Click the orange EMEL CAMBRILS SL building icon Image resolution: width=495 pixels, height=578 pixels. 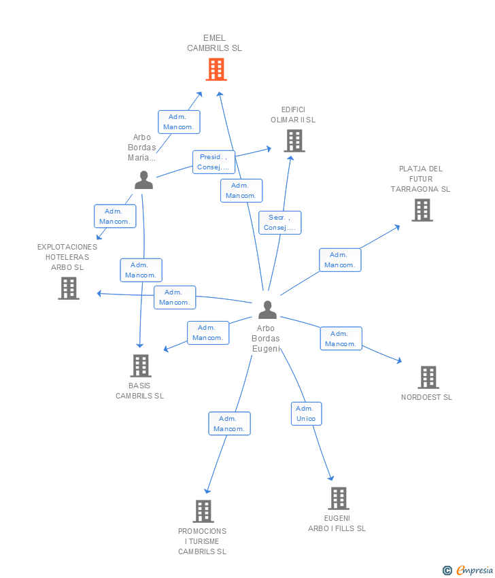point(216,69)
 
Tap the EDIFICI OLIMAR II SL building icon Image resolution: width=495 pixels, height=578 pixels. point(294,141)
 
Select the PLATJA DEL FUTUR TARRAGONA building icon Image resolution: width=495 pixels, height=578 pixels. point(422,210)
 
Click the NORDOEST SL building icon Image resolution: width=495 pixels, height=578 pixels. point(428,377)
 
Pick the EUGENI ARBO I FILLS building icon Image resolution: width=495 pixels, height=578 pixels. point(339,498)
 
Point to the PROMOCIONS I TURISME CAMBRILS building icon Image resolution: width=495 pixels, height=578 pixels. point(203,511)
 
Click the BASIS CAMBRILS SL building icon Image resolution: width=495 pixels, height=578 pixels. point(141,366)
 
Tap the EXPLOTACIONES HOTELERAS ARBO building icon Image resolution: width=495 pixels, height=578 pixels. point(69,288)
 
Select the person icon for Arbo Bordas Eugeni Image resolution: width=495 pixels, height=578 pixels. point(267,309)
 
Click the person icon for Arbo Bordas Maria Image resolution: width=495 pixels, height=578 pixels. point(143,180)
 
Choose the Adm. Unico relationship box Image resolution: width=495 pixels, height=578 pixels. point(306,413)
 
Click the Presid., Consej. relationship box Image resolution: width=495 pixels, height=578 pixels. point(214,162)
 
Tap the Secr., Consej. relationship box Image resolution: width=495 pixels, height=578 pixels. point(279,222)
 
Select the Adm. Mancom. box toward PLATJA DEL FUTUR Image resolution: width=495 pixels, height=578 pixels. point(340,260)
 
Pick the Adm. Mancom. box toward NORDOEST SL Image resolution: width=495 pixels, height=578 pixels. point(341,339)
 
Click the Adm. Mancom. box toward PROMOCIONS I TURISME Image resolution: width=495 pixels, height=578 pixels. point(229,424)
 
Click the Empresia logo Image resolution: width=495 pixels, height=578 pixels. point(467,570)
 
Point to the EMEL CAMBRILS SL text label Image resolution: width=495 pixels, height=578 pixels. point(214,43)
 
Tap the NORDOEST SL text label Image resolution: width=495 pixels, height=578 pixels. point(426,397)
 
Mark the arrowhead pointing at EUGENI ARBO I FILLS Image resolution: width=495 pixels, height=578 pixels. point(331,478)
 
